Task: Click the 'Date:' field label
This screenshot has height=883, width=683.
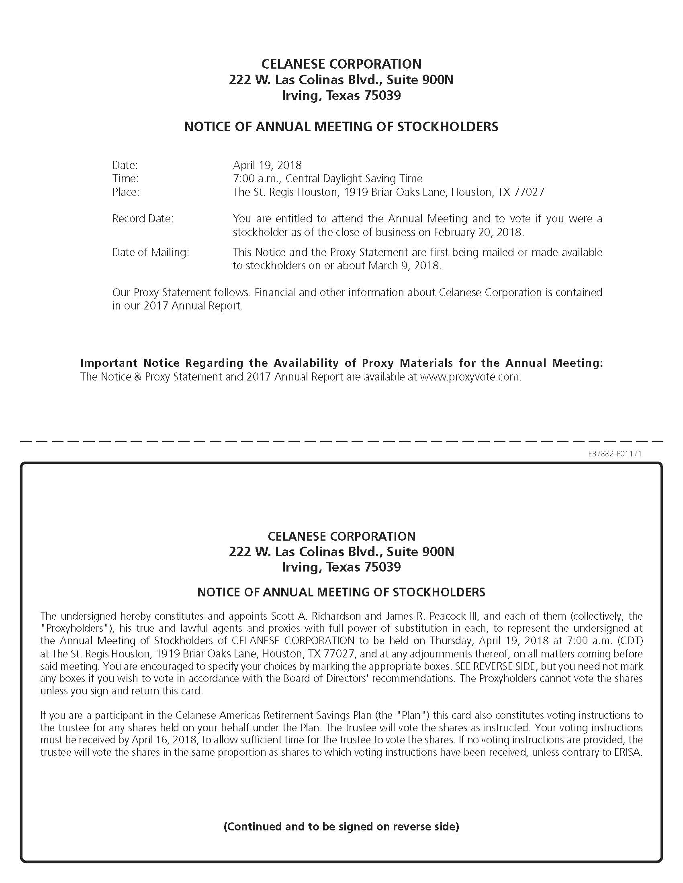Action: tap(125, 165)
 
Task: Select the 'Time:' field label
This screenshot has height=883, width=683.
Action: tap(125, 178)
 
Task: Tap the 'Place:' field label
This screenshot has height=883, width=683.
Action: tap(125, 192)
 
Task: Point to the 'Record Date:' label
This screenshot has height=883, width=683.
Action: tap(143, 219)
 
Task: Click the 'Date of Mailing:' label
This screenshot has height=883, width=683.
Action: tap(151, 252)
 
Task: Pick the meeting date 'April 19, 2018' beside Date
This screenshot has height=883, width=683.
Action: tap(267, 165)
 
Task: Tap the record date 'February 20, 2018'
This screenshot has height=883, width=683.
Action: tap(478, 232)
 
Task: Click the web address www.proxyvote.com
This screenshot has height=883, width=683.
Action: tap(470, 377)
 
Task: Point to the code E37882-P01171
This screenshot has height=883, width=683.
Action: tap(615, 454)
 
